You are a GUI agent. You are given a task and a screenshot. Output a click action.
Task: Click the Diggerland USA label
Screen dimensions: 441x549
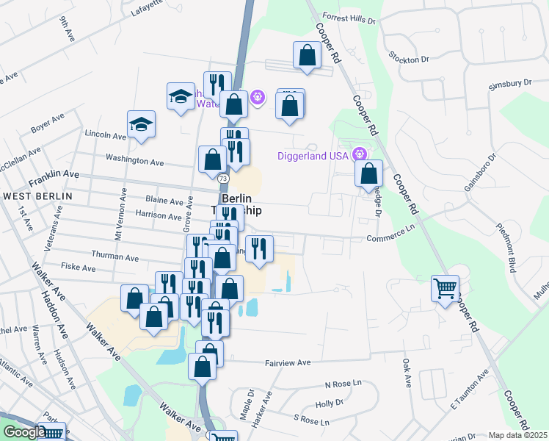coord(313,156)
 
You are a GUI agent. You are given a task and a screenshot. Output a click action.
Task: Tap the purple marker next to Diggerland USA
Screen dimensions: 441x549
coord(359,154)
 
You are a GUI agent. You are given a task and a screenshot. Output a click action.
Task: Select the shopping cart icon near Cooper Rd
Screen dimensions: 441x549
coord(446,289)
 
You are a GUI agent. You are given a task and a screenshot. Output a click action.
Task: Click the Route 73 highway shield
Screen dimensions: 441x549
coord(222,179)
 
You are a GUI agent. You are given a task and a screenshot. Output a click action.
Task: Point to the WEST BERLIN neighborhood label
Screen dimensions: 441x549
coord(37,196)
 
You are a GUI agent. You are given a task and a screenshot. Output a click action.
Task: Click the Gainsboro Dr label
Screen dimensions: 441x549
coord(481,171)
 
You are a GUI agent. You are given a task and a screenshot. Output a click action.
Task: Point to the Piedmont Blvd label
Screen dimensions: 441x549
coord(512,247)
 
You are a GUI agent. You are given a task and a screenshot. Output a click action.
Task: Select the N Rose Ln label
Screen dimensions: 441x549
coord(343,384)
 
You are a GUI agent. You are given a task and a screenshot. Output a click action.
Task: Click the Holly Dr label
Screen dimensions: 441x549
coord(330,403)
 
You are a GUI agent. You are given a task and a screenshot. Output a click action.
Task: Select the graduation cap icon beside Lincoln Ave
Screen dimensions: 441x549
coord(141,125)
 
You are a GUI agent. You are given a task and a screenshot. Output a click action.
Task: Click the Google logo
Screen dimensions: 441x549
coord(23,432)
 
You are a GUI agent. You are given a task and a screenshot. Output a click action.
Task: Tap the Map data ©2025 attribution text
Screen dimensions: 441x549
coord(517,435)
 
